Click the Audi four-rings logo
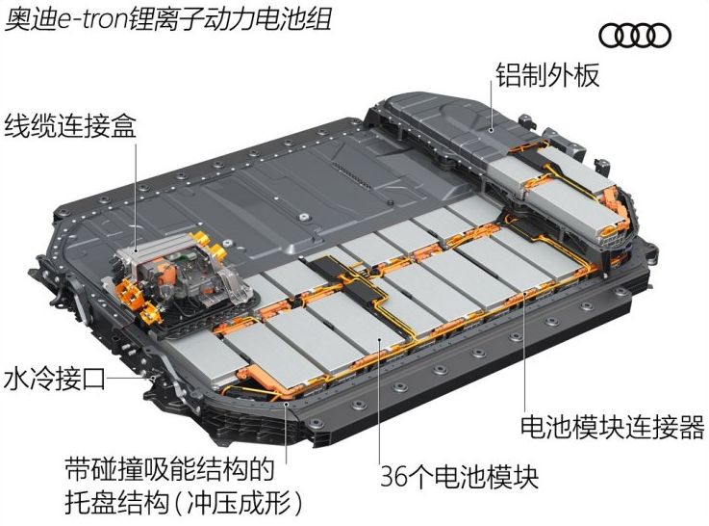point(635,36)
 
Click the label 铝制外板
point(547,75)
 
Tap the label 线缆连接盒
point(70,125)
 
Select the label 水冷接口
point(54,379)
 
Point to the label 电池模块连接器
point(612,428)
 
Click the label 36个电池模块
point(460,476)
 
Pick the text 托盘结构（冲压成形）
point(184,503)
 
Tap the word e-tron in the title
point(93,20)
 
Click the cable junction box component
point(181,276)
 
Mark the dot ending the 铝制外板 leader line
point(492,130)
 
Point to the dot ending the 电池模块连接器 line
point(524,293)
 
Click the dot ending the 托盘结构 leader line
point(286,404)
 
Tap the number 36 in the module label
point(393,476)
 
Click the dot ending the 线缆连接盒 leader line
point(136,250)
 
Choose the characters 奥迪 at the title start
point(31,19)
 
